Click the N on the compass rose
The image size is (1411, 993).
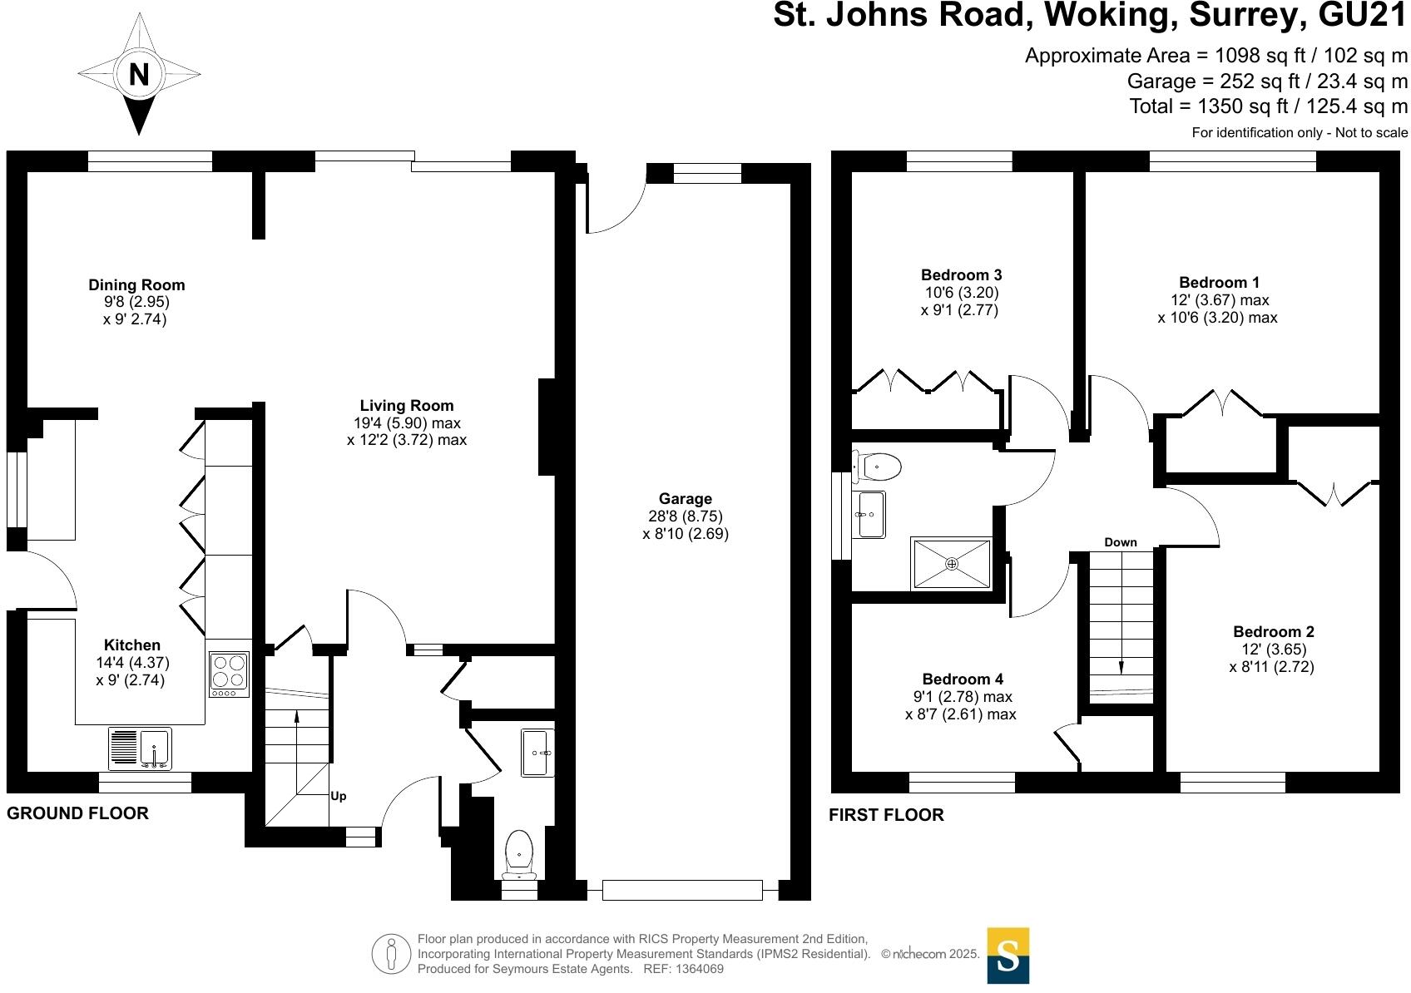(x=138, y=75)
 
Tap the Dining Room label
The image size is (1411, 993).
(x=136, y=285)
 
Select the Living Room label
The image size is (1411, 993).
(x=406, y=406)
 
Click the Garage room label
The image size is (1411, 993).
(x=685, y=499)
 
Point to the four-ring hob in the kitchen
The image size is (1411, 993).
(x=229, y=674)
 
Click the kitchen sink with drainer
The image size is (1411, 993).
(x=140, y=747)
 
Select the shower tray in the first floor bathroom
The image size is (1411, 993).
(x=952, y=564)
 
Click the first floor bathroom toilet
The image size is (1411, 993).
(x=879, y=467)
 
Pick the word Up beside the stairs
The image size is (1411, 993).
(x=338, y=797)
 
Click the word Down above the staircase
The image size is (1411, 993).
(x=1120, y=542)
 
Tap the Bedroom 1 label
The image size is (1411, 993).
(x=1213, y=283)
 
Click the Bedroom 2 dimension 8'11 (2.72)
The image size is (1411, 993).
(x=1271, y=667)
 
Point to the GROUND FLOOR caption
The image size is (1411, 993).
(x=77, y=813)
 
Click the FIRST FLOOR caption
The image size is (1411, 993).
(x=886, y=815)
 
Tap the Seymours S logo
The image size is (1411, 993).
(x=1008, y=956)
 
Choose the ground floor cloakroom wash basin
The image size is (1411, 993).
(x=537, y=752)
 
